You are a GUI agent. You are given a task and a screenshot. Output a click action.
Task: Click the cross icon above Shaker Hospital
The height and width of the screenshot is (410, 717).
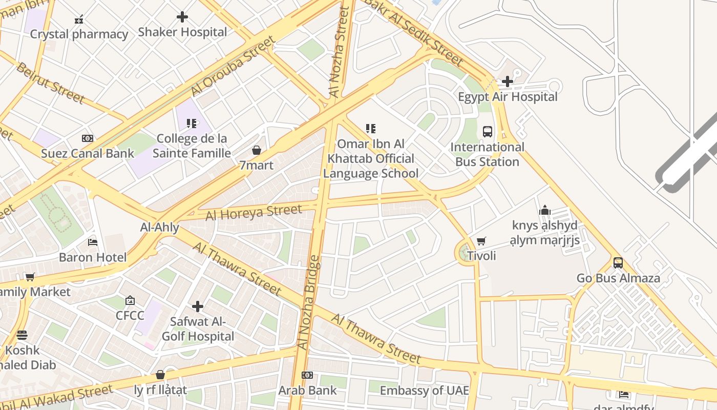click(182, 17)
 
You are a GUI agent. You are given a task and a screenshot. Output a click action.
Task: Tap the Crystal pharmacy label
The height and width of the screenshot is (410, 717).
click(79, 34)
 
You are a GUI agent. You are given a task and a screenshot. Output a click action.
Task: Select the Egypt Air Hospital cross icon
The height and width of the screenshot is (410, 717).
click(507, 81)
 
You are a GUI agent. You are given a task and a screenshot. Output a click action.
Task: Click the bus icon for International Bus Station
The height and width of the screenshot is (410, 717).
click(487, 132)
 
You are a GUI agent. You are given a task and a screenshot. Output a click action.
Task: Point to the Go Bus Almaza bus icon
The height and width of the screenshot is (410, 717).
click(618, 263)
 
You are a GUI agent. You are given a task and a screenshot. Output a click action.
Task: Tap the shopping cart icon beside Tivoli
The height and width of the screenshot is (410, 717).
click(481, 241)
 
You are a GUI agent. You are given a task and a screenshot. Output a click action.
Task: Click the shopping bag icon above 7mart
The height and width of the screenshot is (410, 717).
click(256, 150)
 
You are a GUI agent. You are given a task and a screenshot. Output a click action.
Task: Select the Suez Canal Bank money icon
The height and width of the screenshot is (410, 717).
click(88, 138)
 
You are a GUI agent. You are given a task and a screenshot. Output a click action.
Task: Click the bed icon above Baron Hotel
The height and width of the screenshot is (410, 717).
click(92, 242)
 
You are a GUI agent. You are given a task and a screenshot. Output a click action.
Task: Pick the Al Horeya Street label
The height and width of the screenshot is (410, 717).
click(254, 212)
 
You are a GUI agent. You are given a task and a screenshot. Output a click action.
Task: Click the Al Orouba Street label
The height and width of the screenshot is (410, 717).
click(233, 66)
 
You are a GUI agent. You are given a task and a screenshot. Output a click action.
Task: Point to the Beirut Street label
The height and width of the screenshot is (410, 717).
click(50, 83)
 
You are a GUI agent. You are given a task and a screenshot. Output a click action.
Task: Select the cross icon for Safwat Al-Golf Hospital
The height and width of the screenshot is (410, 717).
click(197, 306)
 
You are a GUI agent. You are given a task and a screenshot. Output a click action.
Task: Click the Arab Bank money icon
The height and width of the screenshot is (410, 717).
click(307, 375)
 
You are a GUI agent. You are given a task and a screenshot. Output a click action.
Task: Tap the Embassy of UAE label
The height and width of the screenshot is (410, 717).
click(424, 391)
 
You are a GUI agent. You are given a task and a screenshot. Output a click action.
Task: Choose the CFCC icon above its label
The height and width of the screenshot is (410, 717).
click(130, 300)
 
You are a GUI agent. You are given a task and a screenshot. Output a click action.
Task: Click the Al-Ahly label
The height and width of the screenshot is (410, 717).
click(160, 228)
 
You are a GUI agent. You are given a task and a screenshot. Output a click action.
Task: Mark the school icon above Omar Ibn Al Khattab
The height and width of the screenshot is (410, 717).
click(370, 129)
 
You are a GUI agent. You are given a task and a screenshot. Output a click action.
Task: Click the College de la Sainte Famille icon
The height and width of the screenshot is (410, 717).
click(191, 124)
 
